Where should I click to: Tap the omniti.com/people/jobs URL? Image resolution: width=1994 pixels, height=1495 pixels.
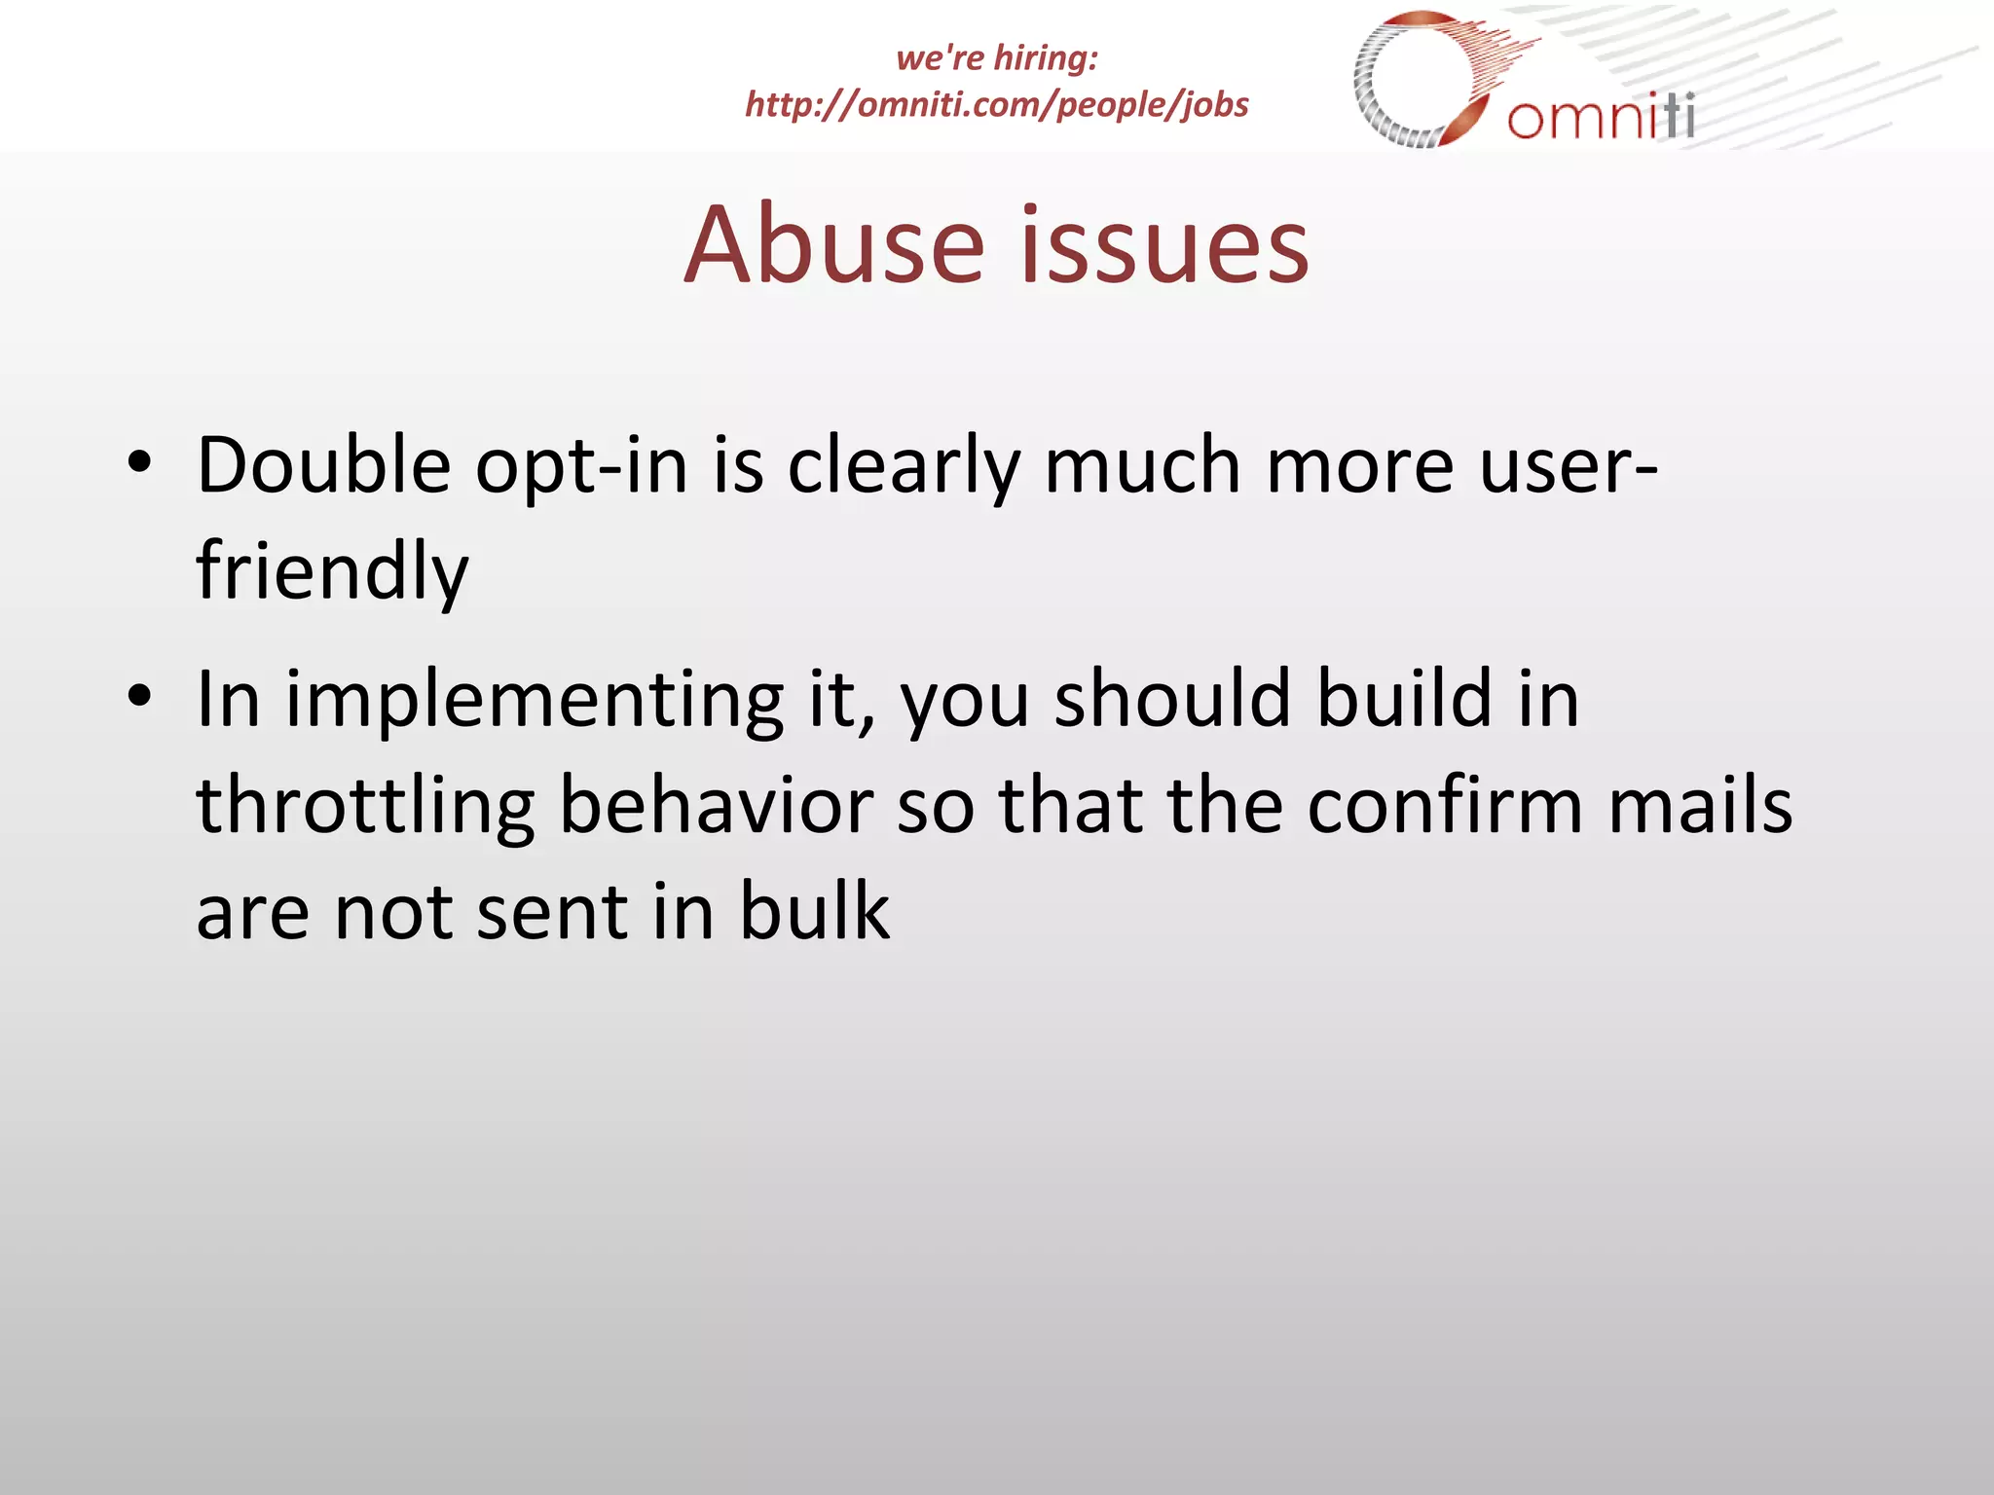[996, 104]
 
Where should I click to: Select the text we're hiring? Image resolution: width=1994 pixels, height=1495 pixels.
[996, 57]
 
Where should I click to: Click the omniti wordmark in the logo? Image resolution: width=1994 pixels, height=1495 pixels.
[1601, 117]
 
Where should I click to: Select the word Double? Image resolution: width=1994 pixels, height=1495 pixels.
[323, 465]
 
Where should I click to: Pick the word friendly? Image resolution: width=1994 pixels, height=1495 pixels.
[332, 572]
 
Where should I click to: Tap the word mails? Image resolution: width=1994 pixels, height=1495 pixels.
[1700, 806]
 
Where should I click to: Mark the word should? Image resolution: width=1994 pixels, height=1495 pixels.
[1173, 699]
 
